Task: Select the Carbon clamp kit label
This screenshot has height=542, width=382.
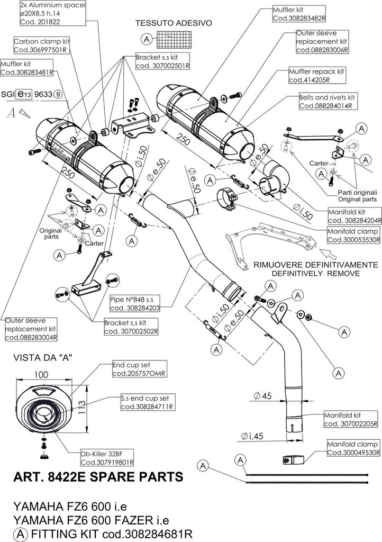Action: pos(42,41)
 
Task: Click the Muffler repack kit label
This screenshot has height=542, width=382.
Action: pos(317,71)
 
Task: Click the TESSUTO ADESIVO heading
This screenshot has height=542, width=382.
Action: pos(174,24)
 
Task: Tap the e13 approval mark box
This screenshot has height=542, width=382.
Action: pos(24,94)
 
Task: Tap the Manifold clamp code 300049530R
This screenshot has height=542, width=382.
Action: pos(354,453)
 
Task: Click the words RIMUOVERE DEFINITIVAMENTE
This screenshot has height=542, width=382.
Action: pos(307,265)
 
